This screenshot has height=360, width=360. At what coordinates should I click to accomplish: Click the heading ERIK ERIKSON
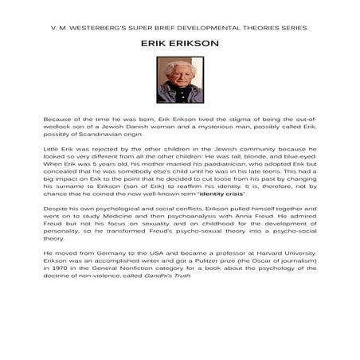179,47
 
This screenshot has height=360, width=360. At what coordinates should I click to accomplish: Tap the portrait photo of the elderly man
179,80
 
